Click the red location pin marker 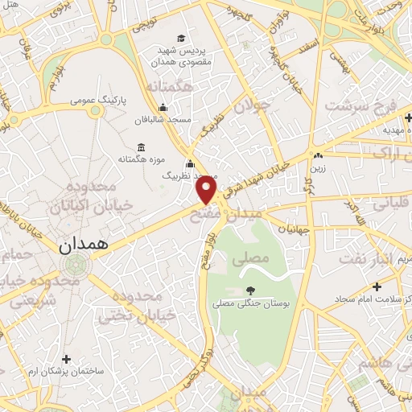[207, 190]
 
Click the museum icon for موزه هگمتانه [142, 147]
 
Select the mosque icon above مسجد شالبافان [163, 108]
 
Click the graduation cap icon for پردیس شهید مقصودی [180, 39]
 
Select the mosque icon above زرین [319, 155]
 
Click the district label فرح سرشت [360, 106]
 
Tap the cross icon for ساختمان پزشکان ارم [66, 358]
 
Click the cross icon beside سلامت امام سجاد [377, 286]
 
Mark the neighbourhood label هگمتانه [169, 86]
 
